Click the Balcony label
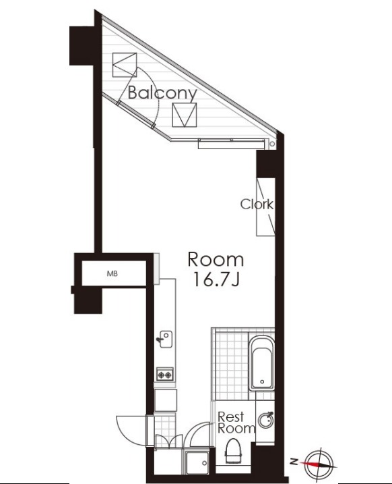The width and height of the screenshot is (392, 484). tap(162, 93)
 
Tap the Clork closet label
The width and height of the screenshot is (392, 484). tap(257, 205)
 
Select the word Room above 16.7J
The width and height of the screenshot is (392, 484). tap(216, 260)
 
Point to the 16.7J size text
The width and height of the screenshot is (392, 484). tap(216, 280)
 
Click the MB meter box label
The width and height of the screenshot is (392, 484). tap(112, 273)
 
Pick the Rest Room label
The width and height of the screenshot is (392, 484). tap(236, 423)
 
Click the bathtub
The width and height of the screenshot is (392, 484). tap(262, 363)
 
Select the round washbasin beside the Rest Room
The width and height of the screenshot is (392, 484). tap(266, 420)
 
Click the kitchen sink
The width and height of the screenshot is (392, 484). tap(166, 340)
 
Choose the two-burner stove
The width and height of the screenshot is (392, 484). tap(165, 375)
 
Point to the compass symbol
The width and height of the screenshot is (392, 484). tap(320, 462)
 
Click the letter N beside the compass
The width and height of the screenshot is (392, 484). tap(294, 462)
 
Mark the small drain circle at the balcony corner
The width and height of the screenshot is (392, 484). tap(272, 144)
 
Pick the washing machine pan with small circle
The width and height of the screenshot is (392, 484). tap(197, 461)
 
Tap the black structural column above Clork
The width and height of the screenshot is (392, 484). tap(265, 163)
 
